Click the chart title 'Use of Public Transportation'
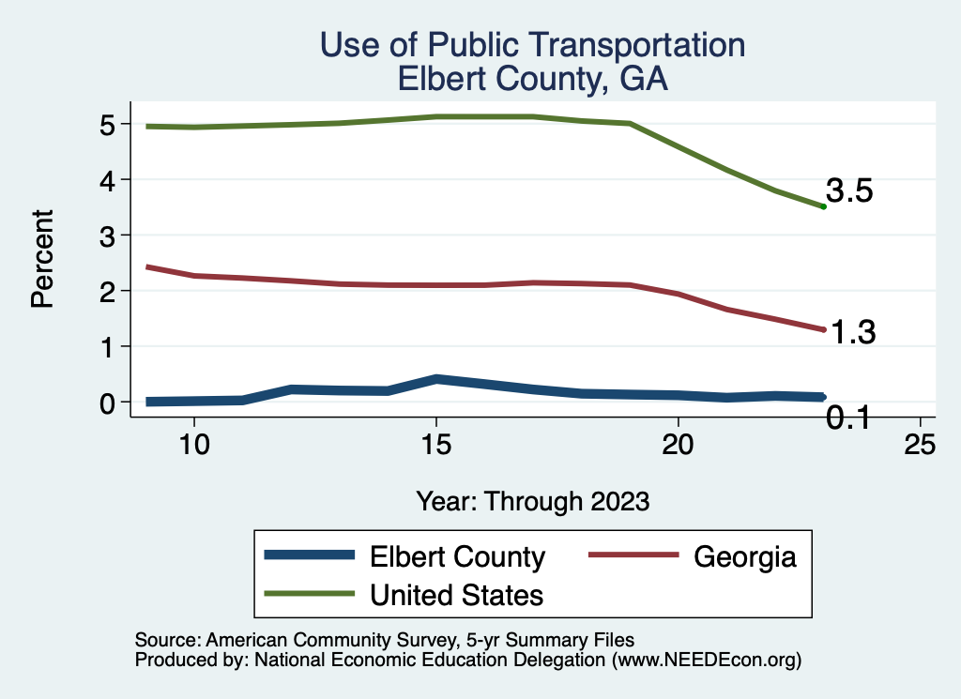pyautogui.click(x=532, y=46)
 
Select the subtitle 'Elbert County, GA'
pyautogui.click(x=532, y=78)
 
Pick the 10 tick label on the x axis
pyautogui.click(x=193, y=445)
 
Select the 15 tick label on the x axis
pyautogui.click(x=435, y=445)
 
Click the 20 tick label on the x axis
pyautogui.click(x=678, y=445)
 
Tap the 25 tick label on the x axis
pyautogui.click(x=920, y=445)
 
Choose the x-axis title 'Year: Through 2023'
pyautogui.click(x=532, y=500)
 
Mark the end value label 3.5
pyautogui.click(x=850, y=191)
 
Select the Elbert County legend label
pyautogui.click(x=457, y=556)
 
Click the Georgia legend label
pyautogui.click(x=745, y=556)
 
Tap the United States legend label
pyautogui.click(x=457, y=595)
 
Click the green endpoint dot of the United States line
pyautogui.click(x=823, y=206)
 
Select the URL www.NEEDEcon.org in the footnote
pyautogui.click(x=706, y=660)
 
